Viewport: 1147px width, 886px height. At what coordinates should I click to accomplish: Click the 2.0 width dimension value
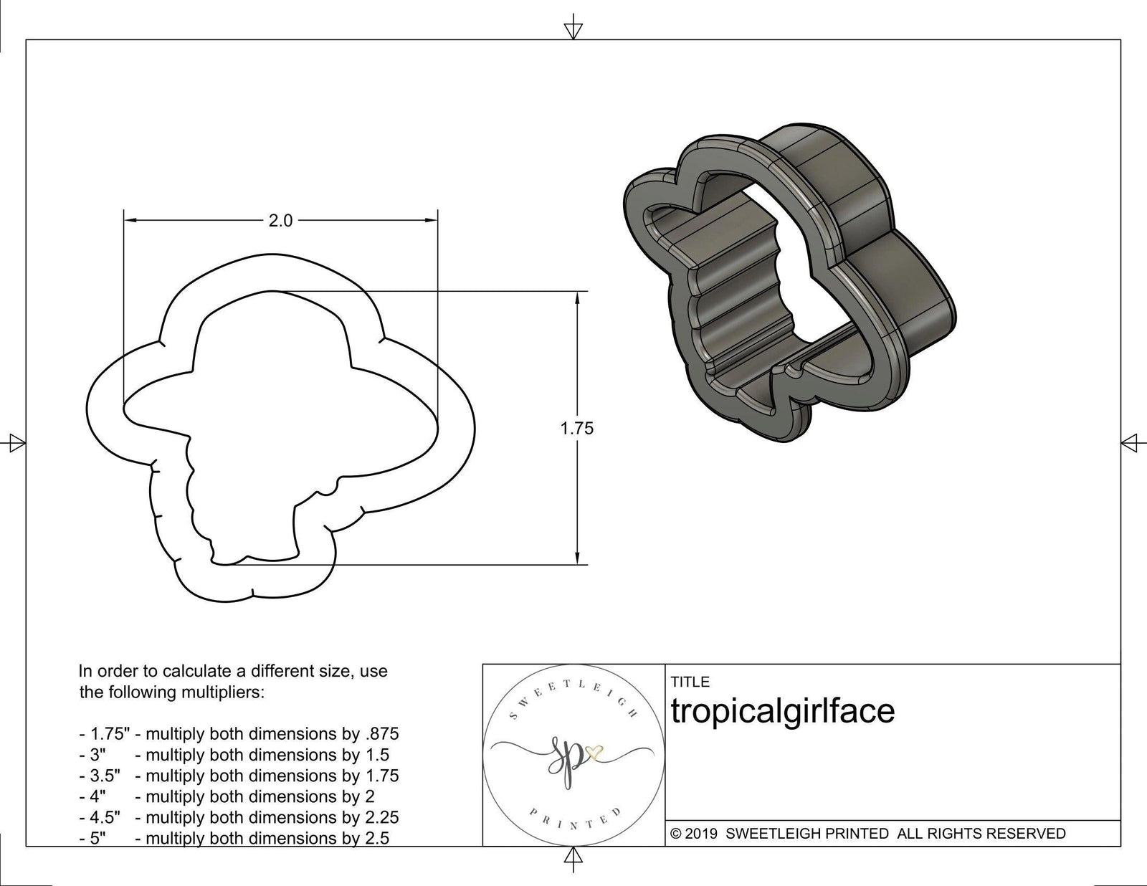[280, 221]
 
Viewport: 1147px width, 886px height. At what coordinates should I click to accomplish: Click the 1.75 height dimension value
[577, 429]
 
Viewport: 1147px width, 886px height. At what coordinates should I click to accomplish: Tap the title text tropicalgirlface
[783, 711]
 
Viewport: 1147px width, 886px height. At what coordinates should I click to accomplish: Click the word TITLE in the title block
[690, 682]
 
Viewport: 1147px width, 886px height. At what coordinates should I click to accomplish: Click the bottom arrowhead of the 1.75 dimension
[577, 558]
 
